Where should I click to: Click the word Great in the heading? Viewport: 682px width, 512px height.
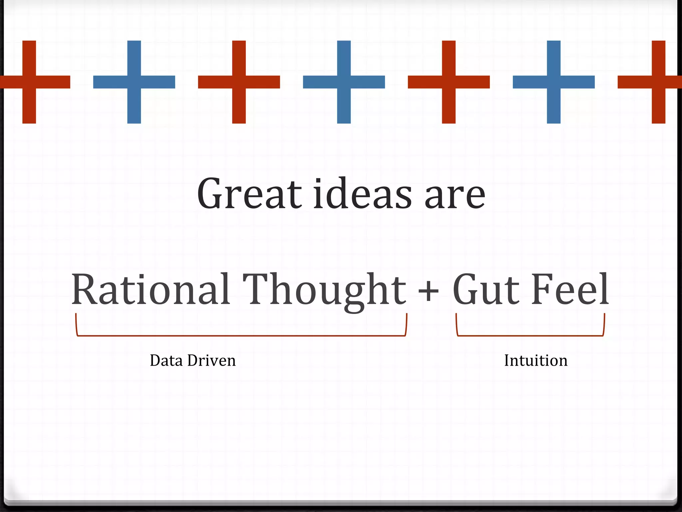pos(249,194)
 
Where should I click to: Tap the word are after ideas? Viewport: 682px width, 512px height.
pos(455,197)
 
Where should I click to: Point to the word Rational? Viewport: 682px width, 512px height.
pos(151,289)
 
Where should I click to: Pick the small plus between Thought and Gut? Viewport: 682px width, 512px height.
pos(429,291)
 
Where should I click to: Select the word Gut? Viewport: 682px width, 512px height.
pos(486,289)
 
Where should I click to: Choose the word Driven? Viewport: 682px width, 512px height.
pos(211,361)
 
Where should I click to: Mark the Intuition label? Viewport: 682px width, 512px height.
pos(535,361)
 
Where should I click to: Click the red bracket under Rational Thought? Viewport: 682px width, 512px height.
pos(241,335)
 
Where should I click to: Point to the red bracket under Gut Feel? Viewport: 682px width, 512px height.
pos(530,335)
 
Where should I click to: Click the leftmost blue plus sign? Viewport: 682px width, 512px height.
pos(134,82)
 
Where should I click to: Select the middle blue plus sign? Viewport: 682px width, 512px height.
pos(344,82)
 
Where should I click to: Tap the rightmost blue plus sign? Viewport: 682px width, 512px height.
pos(553,82)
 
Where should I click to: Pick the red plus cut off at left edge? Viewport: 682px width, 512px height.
pos(29,82)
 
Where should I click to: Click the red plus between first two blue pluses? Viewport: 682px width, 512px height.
pos(239,82)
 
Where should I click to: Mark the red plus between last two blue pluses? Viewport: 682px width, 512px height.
pos(449,82)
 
